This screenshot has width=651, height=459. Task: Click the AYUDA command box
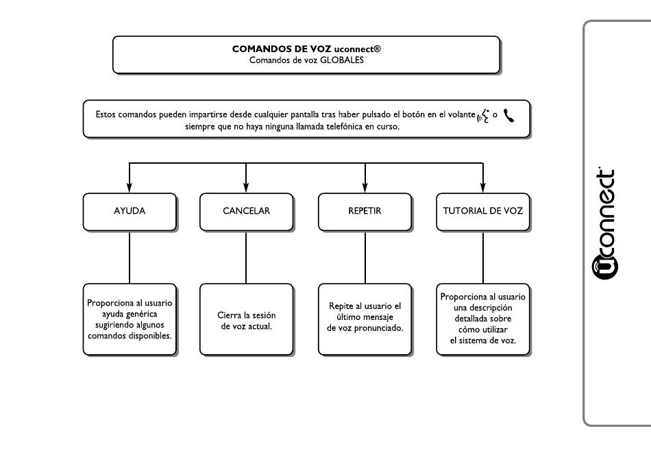click(130, 212)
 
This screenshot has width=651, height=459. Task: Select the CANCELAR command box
click(247, 212)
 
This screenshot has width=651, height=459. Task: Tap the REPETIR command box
click(365, 212)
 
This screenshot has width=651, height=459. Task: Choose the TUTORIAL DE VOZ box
click(483, 212)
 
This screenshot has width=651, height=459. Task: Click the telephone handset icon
click(508, 115)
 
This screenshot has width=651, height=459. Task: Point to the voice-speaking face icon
click(483, 116)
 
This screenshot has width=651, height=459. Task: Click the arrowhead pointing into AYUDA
click(130, 187)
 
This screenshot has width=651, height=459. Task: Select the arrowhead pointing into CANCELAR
click(246, 187)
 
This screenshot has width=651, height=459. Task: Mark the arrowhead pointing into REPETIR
click(365, 187)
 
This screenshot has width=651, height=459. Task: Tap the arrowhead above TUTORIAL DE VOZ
click(483, 187)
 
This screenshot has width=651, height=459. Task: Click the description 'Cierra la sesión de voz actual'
click(247, 321)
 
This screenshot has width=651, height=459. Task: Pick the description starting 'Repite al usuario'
click(365, 317)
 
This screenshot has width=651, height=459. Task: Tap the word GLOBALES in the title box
click(342, 60)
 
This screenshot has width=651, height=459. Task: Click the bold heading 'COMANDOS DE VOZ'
click(282, 49)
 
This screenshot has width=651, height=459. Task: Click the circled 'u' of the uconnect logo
click(604, 267)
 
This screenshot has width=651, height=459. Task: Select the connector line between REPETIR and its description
click(365, 258)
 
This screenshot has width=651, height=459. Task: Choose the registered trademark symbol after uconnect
click(377, 49)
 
